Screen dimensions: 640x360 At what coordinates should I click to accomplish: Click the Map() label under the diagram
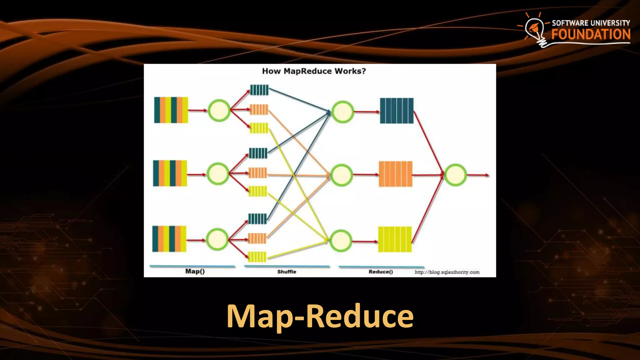point(195,271)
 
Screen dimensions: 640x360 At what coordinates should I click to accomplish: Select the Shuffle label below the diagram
point(287,272)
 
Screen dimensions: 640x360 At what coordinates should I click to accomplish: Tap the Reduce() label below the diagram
point(381,272)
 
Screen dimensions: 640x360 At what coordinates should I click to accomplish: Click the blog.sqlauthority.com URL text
point(447,272)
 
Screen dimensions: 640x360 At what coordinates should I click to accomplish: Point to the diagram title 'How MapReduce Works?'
point(314,71)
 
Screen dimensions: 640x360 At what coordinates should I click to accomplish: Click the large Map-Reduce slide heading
point(320,316)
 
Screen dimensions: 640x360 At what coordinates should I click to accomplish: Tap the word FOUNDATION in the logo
point(591,34)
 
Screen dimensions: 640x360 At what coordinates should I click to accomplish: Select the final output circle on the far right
point(455,175)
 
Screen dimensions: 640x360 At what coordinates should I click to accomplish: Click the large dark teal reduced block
point(397,111)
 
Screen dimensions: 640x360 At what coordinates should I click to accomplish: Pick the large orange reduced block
point(396,174)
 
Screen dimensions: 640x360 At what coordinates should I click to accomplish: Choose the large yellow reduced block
point(395,239)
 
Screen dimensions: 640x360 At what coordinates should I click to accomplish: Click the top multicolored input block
point(171,110)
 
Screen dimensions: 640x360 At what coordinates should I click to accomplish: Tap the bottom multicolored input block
point(169,239)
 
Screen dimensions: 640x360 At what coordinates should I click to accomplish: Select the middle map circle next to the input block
point(218,174)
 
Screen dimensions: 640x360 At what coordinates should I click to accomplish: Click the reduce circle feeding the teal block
point(342,112)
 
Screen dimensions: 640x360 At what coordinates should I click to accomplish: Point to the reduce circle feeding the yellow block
point(341,241)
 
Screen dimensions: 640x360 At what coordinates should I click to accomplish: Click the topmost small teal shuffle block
point(259,90)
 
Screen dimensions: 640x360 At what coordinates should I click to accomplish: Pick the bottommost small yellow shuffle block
point(257,257)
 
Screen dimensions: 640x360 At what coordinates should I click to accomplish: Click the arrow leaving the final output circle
point(478,175)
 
